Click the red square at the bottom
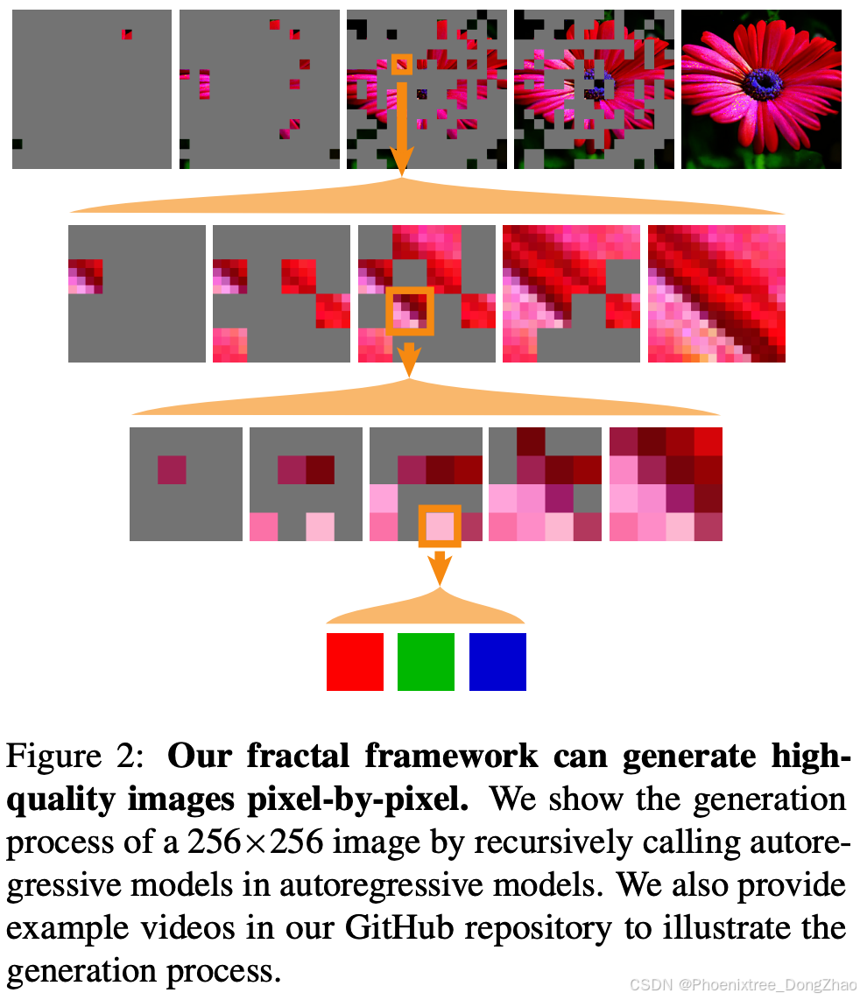pyautogui.click(x=355, y=661)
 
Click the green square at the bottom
pyautogui.click(x=426, y=661)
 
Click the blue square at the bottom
pyautogui.click(x=497, y=661)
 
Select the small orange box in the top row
pyautogui.click(x=401, y=64)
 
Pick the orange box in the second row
pyautogui.click(x=410, y=310)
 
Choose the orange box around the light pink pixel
pyautogui.click(x=440, y=525)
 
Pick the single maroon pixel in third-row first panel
pyautogui.click(x=172, y=470)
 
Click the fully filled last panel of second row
pyautogui.click(x=716, y=293)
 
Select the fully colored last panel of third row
pyautogui.click(x=666, y=483)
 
